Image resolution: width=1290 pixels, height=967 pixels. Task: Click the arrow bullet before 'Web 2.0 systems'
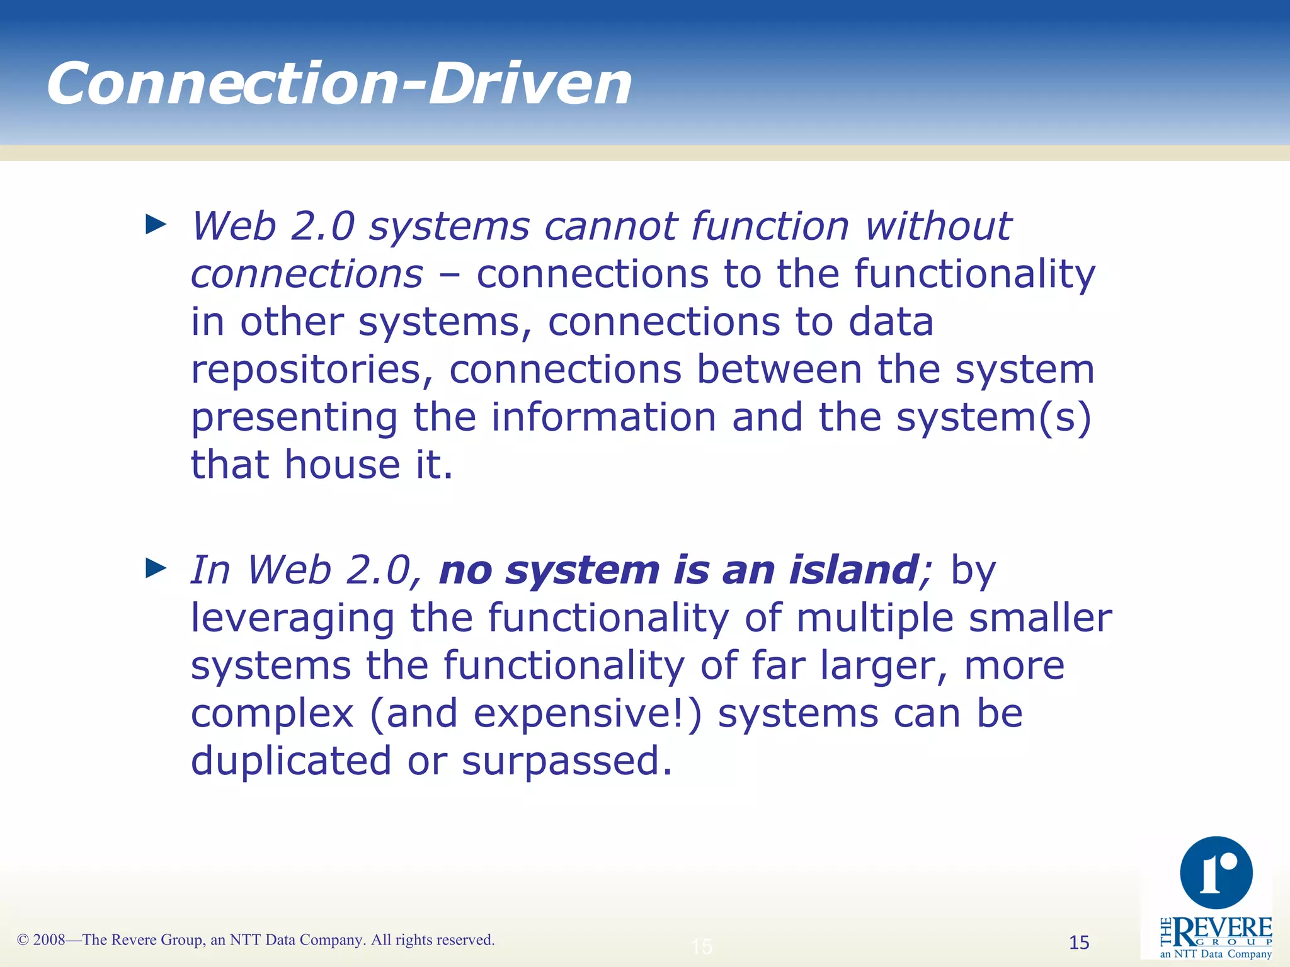tap(156, 224)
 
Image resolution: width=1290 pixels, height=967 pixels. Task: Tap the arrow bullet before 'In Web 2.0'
tap(156, 568)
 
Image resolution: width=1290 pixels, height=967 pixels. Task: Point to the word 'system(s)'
tap(993, 417)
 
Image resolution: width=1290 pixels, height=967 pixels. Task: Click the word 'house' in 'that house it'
tap(342, 465)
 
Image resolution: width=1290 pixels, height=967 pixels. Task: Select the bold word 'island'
tap(853, 570)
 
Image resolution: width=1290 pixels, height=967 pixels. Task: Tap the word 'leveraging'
tap(292, 619)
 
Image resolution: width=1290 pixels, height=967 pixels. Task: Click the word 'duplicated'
tap(291, 761)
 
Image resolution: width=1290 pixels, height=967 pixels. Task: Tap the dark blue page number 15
tap(1079, 942)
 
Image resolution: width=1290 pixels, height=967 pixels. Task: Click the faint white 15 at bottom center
tap(702, 946)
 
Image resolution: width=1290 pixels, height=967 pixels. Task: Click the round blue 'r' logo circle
tap(1216, 873)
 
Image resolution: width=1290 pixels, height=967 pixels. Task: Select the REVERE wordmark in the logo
tap(1222, 928)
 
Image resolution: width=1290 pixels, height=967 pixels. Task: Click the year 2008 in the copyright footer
tap(49, 940)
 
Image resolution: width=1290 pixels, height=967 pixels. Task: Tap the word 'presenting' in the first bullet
tap(294, 419)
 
